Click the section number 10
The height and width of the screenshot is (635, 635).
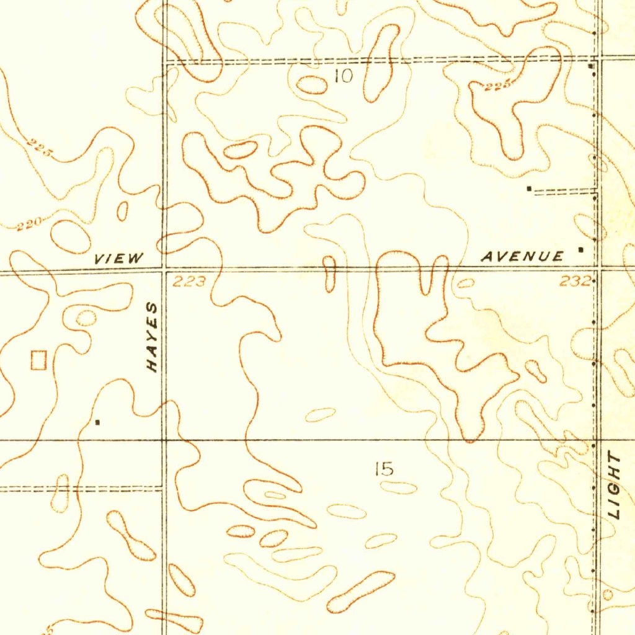(x=342, y=76)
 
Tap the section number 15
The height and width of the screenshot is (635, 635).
(x=384, y=469)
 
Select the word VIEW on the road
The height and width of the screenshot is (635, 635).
(x=118, y=259)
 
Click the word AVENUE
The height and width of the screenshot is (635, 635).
(x=523, y=256)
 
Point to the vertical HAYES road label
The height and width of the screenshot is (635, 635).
(x=152, y=337)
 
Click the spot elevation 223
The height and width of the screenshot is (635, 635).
(x=189, y=282)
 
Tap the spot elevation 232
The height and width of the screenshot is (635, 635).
(x=574, y=281)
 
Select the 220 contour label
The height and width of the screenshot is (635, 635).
(x=29, y=224)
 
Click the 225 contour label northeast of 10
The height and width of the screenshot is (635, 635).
(x=499, y=86)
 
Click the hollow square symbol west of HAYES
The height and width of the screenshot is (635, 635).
(x=38, y=360)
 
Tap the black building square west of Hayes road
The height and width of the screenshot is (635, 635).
(x=97, y=422)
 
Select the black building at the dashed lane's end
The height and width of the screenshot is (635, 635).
(x=528, y=187)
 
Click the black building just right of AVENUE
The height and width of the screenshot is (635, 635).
(x=580, y=249)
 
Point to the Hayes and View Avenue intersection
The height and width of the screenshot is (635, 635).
(x=164, y=270)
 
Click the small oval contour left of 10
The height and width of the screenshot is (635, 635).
(x=312, y=85)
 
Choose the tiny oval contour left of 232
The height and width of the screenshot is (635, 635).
(x=466, y=283)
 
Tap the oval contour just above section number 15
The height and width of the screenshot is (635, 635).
(x=320, y=415)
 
